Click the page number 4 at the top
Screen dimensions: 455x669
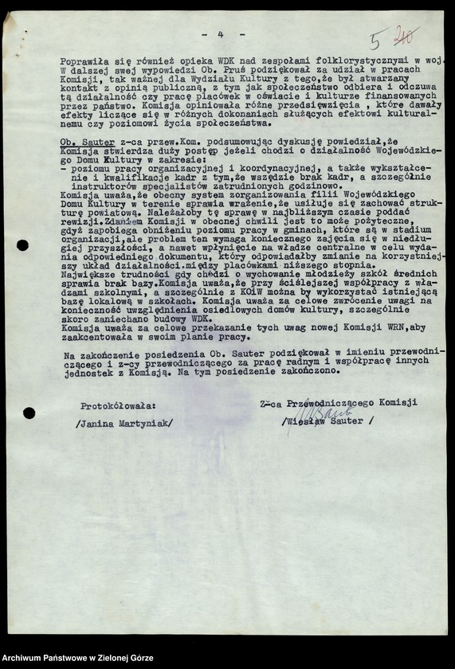click(x=219, y=35)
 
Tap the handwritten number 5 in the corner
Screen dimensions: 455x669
click(x=376, y=40)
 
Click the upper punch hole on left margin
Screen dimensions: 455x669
click(x=22, y=245)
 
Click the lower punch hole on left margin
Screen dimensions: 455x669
click(x=29, y=413)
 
